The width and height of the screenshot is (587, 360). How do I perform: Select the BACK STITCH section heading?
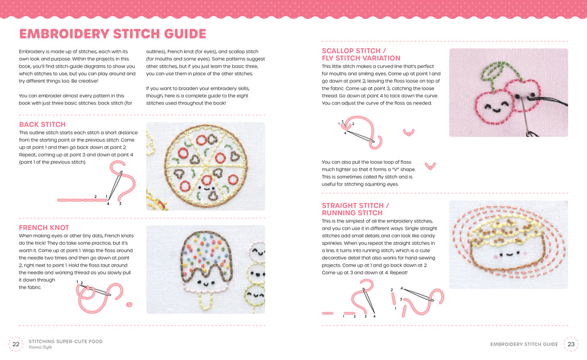point(42,124)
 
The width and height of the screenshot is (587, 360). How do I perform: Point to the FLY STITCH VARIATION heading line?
point(361,58)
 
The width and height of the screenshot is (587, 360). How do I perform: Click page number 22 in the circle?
point(16,345)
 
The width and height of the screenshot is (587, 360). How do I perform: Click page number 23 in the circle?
point(571,345)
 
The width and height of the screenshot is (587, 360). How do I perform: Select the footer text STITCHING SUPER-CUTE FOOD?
point(65,341)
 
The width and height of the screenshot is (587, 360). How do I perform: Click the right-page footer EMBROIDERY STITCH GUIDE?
point(524,345)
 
